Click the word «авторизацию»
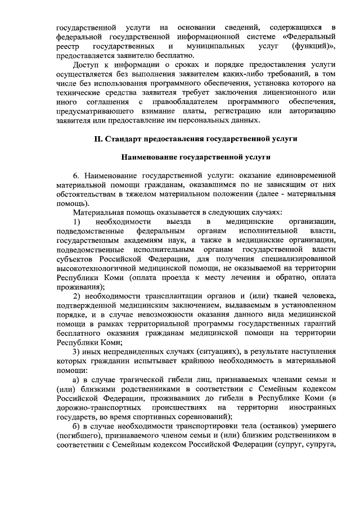point(312,111)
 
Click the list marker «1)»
point(78,222)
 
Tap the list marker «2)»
point(78,295)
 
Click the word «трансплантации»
point(155,295)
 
